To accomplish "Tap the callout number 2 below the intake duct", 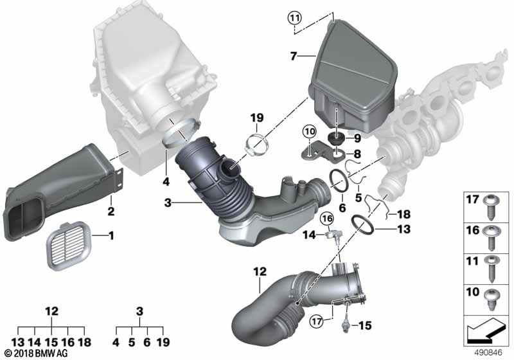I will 111,212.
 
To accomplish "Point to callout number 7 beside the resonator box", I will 294,57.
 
